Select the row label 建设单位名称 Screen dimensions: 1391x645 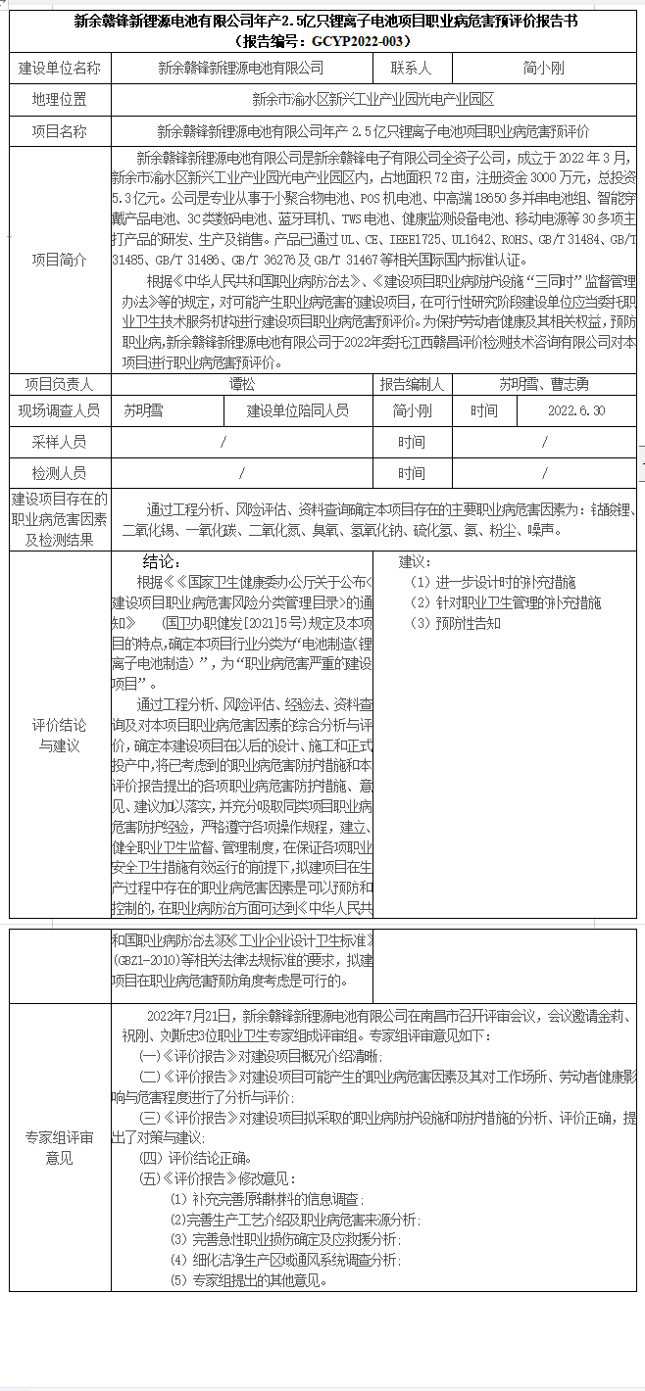point(60,68)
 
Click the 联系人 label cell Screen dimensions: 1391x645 point(411,68)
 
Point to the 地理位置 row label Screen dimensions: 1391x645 point(60,99)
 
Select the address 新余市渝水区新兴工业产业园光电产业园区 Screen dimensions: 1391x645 point(372,99)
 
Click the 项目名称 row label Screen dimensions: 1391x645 point(60,131)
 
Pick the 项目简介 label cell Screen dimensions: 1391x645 point(60,260)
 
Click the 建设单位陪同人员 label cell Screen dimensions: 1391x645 point(297,411)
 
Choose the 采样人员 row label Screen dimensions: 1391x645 point(60,443)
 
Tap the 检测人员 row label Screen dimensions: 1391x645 point(60,473)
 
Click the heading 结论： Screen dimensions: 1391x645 point(163,563)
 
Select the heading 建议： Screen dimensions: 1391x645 point(416,563)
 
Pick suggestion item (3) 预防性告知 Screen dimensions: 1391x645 point(455,623)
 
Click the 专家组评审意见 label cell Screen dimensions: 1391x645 point(60,1148)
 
